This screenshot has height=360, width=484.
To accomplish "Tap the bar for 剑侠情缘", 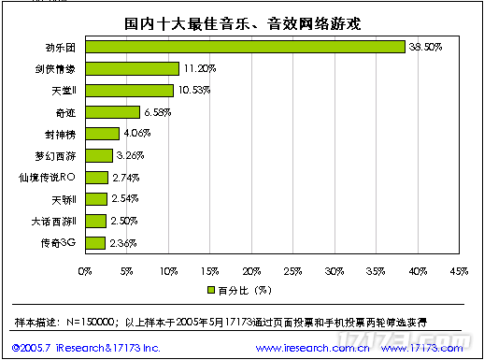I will coord(132,68).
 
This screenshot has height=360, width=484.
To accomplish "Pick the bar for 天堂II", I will coord(129,91).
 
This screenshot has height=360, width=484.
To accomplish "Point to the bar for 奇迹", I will coord(112,112).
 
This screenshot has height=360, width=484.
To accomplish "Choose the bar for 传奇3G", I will coord(94,243).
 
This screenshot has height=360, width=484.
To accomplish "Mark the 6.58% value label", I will coord(158,112).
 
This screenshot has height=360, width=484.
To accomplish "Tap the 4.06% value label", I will coord(136,134).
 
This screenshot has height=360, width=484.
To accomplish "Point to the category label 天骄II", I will coord(64,199).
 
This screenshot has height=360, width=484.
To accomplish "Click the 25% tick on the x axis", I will coord(292,271).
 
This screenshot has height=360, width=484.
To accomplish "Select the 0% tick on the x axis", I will coord(85,271).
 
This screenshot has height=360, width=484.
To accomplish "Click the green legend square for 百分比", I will coord(211,290).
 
